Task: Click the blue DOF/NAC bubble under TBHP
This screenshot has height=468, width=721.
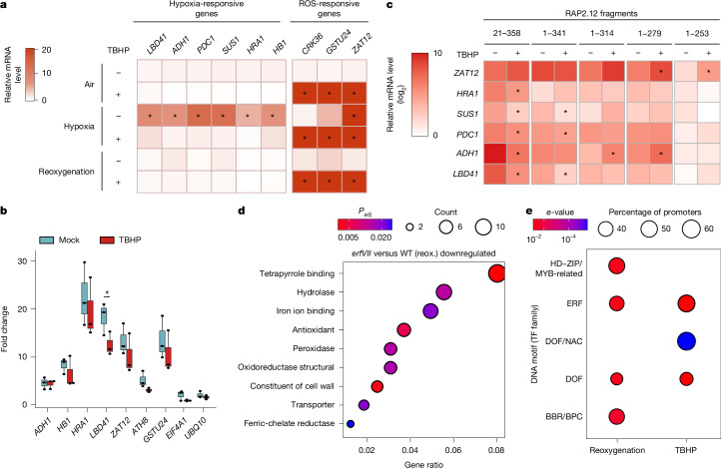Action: (x=686, y=341)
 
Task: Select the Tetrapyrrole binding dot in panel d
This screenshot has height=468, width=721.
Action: (x=496, y=273)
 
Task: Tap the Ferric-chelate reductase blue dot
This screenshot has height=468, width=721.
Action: (x=350, y=424)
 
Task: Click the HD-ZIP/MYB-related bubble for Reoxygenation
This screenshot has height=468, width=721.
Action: (x=616, y=265)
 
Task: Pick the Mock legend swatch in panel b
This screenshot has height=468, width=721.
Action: (x=47, y=239)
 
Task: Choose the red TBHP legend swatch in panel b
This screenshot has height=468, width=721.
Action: (x=107, y=239)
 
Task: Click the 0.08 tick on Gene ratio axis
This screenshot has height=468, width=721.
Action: (x=496, y=450)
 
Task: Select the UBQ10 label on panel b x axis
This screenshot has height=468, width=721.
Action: (x=199, y=426)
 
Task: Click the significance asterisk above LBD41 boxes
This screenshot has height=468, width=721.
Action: (x=107, y=292)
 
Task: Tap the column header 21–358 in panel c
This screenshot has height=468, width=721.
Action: (x=506, y=33)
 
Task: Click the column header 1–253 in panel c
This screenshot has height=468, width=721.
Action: (x=697, y=33)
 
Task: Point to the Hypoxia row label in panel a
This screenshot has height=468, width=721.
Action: (x=79, y=127)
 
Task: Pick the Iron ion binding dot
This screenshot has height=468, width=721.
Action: (x=430, y=311)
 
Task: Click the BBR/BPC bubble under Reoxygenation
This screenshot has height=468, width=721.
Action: (x=616, y=416)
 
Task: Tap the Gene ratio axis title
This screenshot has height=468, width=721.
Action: (x=423, y=464)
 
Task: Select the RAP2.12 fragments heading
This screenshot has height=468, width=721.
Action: (x=600, y=13)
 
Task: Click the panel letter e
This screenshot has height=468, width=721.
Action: (x=529, y=212)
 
